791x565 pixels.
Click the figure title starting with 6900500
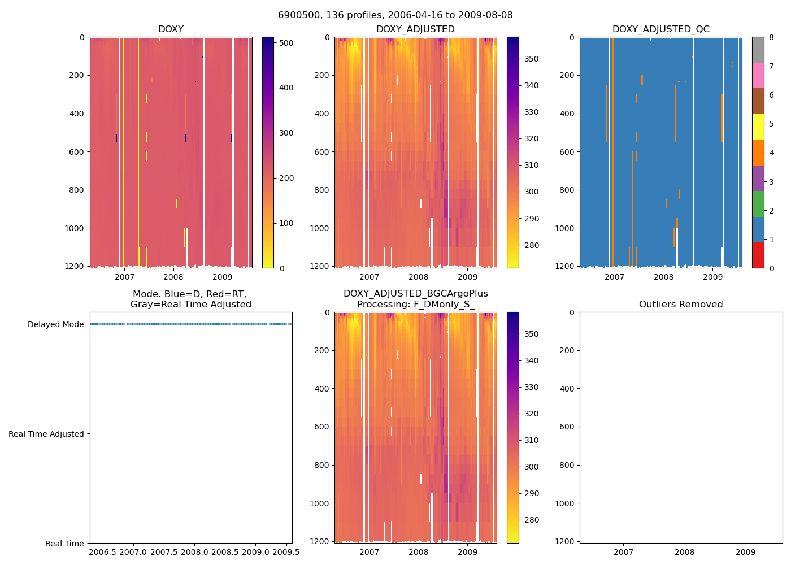coord(395,15)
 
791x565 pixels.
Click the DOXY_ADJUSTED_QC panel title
coord(660,29)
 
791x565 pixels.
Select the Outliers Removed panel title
coord(681,305)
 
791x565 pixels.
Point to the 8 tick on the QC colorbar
coord(770,37)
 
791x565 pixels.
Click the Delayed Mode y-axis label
coord(55,324)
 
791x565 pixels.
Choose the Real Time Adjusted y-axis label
coord(46,434)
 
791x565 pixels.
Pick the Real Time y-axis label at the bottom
coord(64,544)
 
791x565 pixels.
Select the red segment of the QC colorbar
coord(758,255)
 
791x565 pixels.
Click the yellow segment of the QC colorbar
coord(758,127)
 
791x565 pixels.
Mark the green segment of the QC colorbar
coord(758,204)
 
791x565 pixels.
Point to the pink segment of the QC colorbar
coord(758,75)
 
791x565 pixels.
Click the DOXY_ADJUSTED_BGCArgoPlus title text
coord(415,294)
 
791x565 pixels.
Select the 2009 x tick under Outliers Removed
coord(745,551)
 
